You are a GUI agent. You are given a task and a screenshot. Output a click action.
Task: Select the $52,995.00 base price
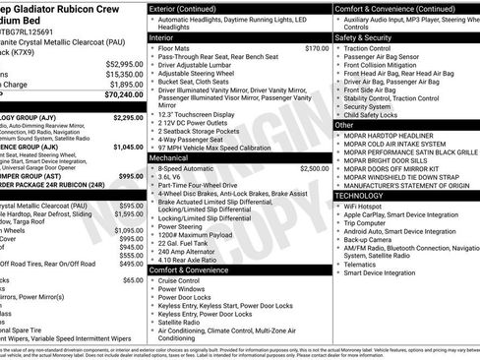[121, 63]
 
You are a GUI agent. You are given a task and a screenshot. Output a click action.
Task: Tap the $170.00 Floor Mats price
[317, 47]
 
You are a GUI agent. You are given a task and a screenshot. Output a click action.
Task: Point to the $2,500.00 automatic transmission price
[314, 168]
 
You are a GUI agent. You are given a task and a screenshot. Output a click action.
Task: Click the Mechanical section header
[170, 156]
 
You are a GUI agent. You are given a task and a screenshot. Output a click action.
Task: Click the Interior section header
[162, 36]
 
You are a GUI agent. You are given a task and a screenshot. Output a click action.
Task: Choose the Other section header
[344, 125]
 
